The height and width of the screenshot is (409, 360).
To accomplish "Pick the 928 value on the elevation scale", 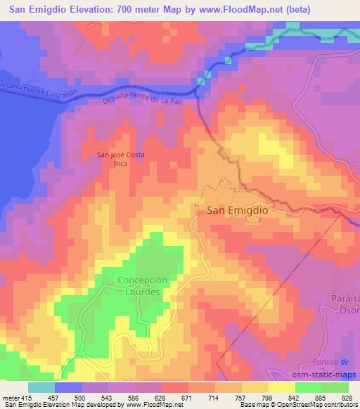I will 347,398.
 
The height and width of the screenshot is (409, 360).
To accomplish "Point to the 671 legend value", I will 186,398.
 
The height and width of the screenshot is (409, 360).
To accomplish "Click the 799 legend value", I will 266,398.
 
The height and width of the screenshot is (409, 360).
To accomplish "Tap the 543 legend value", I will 106,398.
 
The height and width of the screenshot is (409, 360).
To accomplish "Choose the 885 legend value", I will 320,398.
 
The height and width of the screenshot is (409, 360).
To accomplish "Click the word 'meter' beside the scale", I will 9,398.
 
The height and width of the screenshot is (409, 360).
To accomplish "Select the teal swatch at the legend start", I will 41,387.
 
